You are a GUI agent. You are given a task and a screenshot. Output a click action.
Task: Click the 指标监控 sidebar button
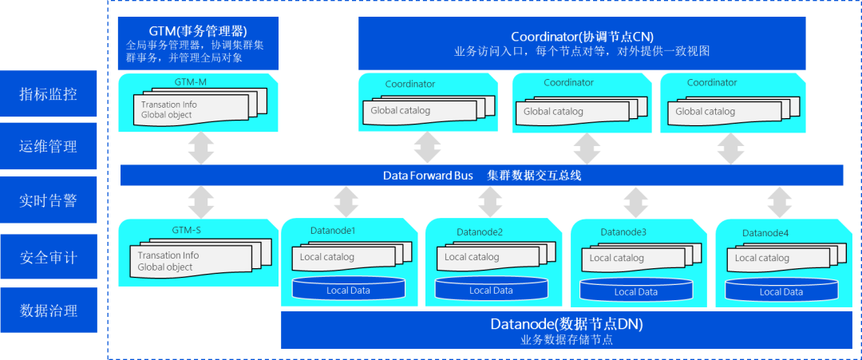[x=49, y=94]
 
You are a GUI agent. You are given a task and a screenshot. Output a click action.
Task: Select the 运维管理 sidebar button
[x=49, y=147]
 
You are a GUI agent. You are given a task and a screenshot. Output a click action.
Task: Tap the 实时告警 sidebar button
[x=49, y=201]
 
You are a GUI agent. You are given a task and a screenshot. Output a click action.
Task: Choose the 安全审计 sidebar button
[x=49, y=257]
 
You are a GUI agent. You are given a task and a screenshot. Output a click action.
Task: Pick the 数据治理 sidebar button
[x=49, y=311]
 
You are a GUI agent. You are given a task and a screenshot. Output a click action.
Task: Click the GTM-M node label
[x=190, y=82]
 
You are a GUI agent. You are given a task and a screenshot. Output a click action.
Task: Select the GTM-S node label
[x=188, y=230]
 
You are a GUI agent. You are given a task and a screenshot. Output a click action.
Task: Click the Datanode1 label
[x=332, y=231]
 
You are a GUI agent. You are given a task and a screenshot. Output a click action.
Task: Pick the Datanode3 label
[x=623, y=232]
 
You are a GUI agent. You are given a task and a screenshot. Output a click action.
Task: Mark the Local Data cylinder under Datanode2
[x=491, y=290]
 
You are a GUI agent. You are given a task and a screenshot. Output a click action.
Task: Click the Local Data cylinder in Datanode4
[x=781, y=291]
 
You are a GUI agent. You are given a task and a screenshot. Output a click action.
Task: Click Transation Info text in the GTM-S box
[x=168, y=255]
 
